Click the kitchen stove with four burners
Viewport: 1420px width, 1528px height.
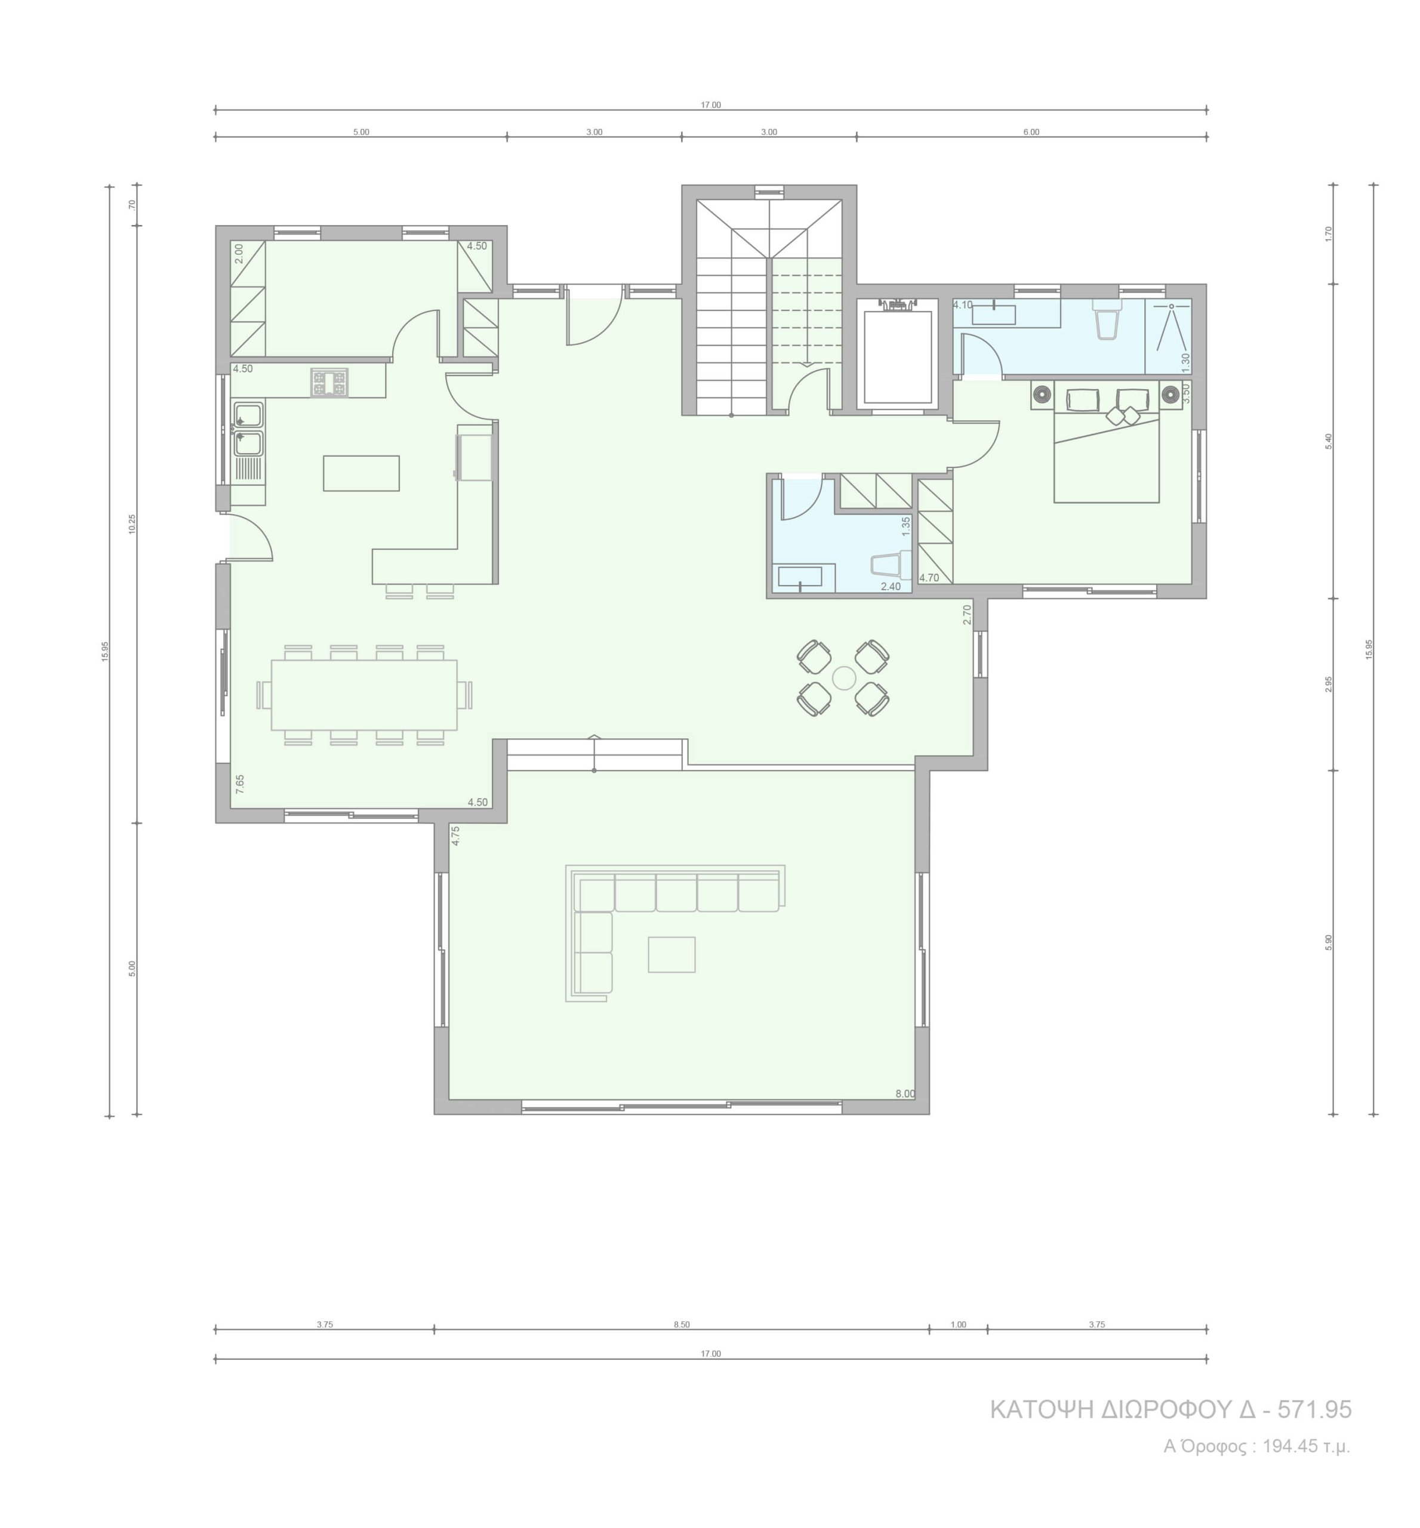(329, 383)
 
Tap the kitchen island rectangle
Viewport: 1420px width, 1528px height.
(361, 473)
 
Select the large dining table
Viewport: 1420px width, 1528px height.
(364, 695)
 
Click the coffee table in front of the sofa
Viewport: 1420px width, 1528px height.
(672, 954)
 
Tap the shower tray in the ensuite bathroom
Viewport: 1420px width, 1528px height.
(1168, 335)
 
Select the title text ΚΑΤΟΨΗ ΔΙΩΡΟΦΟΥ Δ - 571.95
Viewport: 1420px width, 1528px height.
(1171, 1410)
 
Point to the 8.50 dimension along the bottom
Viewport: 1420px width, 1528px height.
(682, 1324)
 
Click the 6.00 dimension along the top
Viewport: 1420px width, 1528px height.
(1031, 132)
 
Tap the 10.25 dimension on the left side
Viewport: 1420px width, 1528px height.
(132, 524)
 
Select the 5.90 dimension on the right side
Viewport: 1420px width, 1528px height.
(1329, 942)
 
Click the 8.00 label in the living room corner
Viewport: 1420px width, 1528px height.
(905, 1094)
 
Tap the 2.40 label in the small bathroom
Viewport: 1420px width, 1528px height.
(891, 586)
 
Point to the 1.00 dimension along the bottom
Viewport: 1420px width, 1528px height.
(958, 1324)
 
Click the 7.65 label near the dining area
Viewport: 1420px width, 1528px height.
(240, 784)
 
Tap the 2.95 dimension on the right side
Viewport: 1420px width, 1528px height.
(1329, 685)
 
